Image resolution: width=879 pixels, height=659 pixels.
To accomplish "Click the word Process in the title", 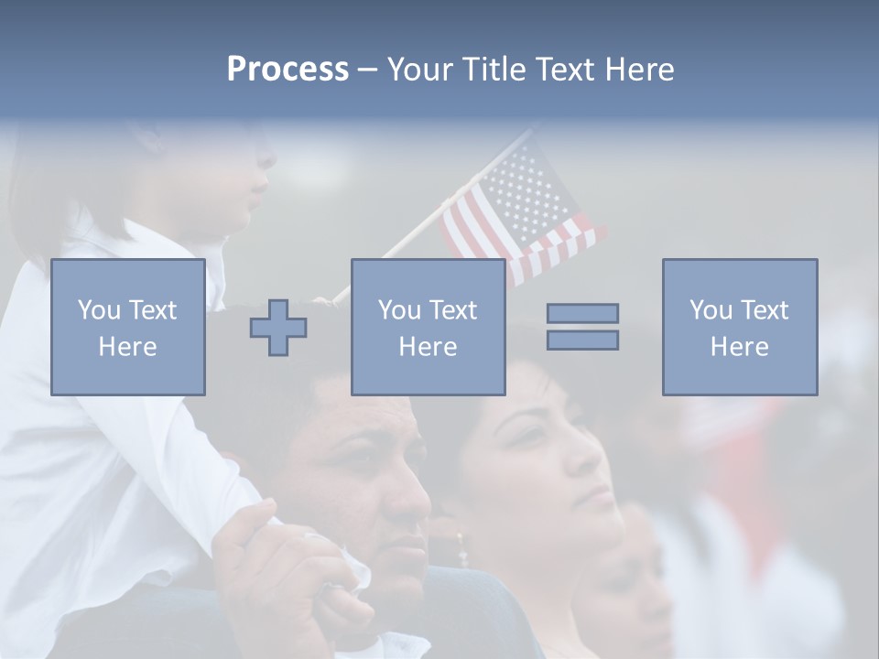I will (x=288, y=70).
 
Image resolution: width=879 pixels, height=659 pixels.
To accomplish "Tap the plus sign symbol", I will (x=278, y=328).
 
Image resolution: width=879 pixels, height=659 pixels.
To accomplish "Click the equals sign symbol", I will (x=582, y=327).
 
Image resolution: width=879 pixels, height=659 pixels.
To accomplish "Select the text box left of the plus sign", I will (x=127, y=327).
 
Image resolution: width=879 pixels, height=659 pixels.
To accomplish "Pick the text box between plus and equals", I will (x=428, y=327).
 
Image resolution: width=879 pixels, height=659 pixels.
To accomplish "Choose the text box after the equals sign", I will (x=739, y=327).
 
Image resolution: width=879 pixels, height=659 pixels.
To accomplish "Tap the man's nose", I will (x=412, y=499).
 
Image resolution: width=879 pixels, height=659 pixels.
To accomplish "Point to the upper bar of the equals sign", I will (x=582, y=313).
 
